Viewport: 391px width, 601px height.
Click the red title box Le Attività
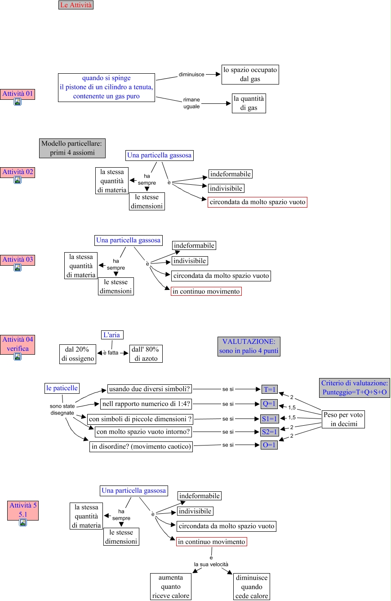(x=76, y=5)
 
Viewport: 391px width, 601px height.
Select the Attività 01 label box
(x=18, y=94)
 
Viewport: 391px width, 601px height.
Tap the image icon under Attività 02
(x=18, y=180)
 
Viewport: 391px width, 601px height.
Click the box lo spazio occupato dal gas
(x=250, y=75)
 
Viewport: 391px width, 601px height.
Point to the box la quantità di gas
(x=249, y=103)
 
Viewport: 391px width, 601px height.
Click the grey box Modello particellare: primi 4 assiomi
(x=72, y=148)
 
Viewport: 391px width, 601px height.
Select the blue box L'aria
(x=112, y=335)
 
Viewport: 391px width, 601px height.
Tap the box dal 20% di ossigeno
(x=77, y=354)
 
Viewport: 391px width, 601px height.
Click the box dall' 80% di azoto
(x=146, y=354)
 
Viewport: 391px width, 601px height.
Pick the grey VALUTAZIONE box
(x=249, y=347)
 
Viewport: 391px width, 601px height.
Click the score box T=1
(x=270, y=389)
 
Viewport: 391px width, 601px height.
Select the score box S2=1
(x=270, y=432)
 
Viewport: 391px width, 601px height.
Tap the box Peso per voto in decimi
(x=343, y=419)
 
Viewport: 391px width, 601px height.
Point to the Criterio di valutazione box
(x=355, y=388)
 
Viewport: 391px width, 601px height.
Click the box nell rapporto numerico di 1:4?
(x=146, y=403)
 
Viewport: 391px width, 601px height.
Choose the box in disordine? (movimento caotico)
(x=142, y=446)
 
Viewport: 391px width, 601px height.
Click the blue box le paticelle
(x=62, y=387)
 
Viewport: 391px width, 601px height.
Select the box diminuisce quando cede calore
(x=252, y=587)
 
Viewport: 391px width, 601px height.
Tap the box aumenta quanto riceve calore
(x=171, y=587)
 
